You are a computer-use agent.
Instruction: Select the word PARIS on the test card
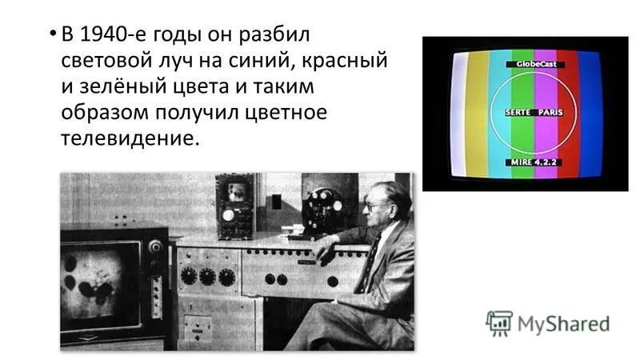point(549,113)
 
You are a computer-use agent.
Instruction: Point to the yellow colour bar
point(478,112)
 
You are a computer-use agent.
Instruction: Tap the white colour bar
point(458,112)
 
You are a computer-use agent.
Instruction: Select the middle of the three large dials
point(208,277)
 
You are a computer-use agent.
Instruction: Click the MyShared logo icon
point(499,323)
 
